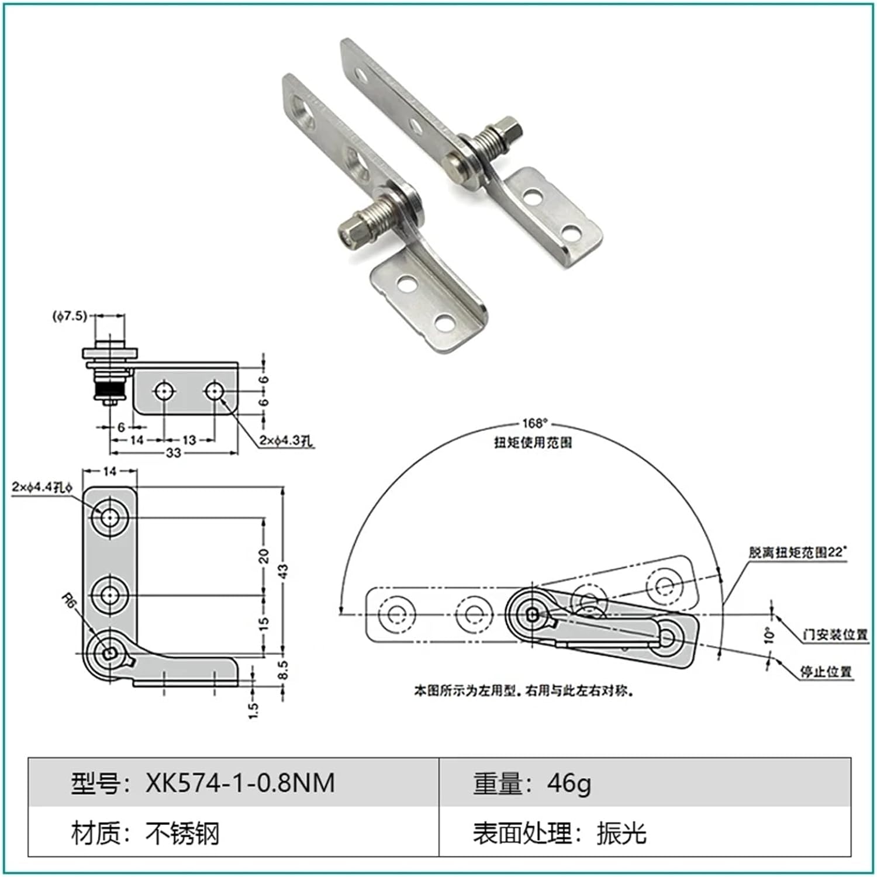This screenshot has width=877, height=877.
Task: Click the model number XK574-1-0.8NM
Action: pyautogui.click(x=240, y=782)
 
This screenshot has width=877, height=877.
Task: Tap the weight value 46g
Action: pyautogui.click(x=569, y=782)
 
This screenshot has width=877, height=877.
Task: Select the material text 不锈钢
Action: pyautogui.click(x=182, y=833)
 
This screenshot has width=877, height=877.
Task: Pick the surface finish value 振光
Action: pyautogui.click(x=621, y=833)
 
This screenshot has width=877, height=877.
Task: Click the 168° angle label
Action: pyautogui.click(x=534, y=423)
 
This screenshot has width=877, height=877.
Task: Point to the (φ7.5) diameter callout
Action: pyautogui.click(x=70, y=316)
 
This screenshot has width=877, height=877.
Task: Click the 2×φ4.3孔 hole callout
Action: pyautogui.click(x=286, y=441)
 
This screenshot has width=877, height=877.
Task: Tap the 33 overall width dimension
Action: pyautogui.click(x=174, y=453)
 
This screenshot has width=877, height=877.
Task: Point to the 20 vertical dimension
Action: pyautogui.click(x=264, y=555)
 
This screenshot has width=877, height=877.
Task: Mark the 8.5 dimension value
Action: pyautogui.click(x=283, y=670)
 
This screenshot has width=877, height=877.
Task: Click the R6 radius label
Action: pyautogui.click(x=69, y=601)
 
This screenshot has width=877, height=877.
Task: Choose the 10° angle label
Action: pyautogui.click(x=769, y=636)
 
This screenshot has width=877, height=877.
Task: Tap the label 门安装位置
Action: pyautogui.click(x=835, y=634)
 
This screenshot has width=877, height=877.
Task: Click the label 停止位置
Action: pyautogui.click(x=826, y=672)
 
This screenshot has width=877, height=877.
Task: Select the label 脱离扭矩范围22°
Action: pyautogui.click(x=797, y=552)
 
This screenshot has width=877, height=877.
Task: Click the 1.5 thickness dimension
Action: pyautogui.click(x=253, y=709)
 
